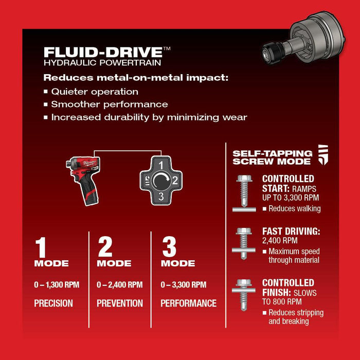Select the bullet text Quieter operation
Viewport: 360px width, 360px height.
95,92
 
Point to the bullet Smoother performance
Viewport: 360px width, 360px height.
110,104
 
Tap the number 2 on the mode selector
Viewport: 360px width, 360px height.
174,180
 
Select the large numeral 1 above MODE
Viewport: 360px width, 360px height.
41,247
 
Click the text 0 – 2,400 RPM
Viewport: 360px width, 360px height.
119,284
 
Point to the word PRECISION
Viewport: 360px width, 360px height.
53,303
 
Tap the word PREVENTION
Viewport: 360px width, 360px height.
120,303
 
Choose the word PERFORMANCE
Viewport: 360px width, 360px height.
188,303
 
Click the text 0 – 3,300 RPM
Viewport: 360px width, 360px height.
183,284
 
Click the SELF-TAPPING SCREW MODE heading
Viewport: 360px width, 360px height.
272,157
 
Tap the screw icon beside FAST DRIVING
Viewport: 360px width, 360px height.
243,243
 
